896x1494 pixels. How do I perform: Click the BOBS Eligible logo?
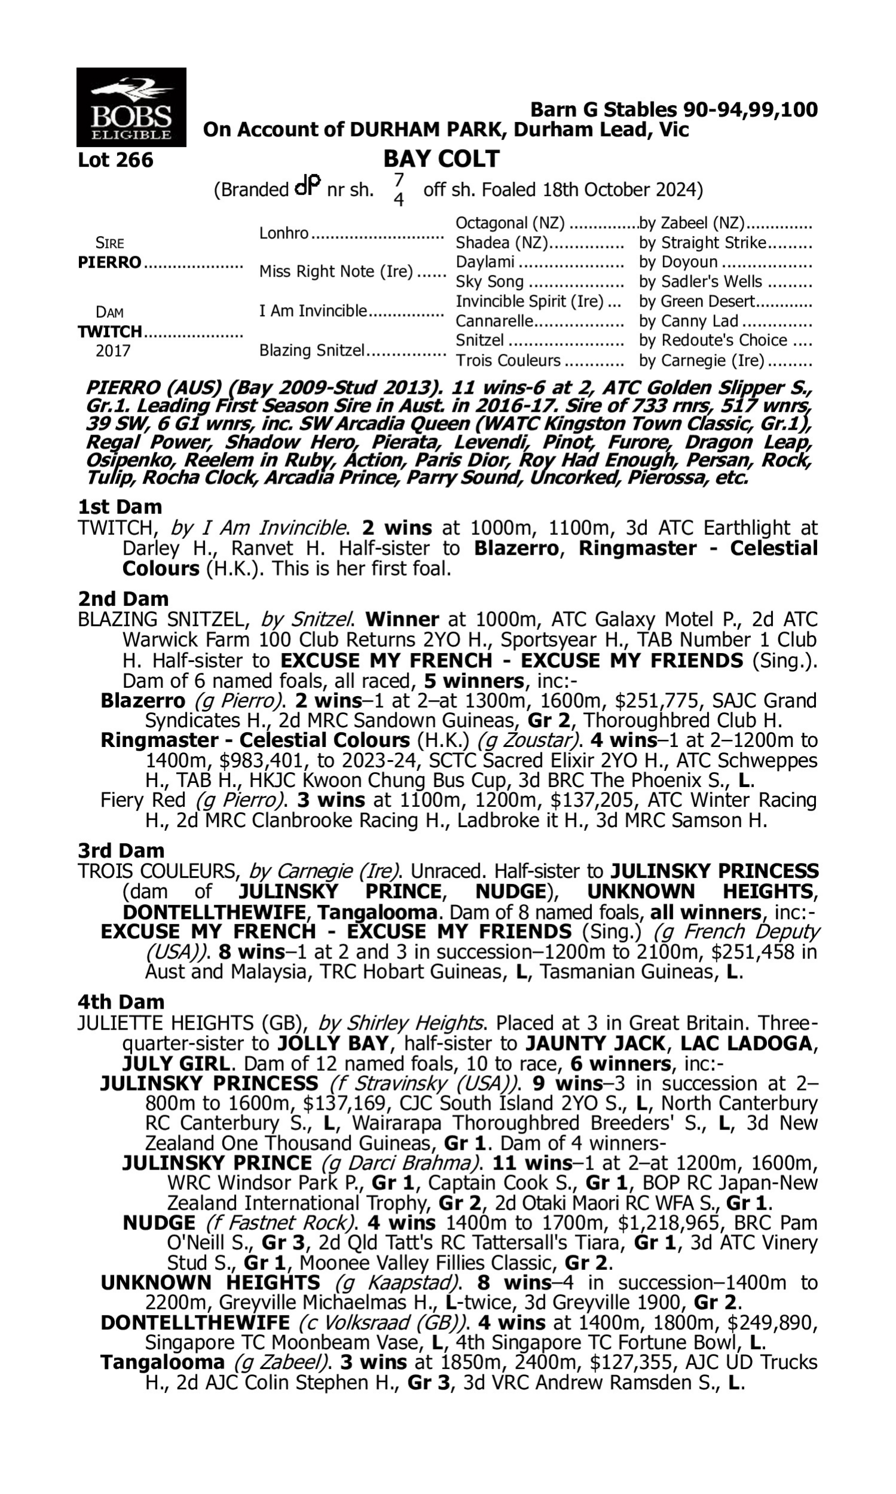point(131,107)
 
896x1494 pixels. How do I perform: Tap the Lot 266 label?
point(115,161)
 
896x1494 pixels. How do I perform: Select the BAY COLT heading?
point(441,159)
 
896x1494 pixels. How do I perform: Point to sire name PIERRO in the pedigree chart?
point(109,263)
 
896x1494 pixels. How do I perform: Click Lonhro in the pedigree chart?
point(284,233)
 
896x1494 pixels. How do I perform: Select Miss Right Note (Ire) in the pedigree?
point(336,271)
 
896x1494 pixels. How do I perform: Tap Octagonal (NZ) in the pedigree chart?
point(510,224)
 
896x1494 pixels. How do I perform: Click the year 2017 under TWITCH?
point(113,351)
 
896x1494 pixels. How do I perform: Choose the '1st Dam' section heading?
point(120,507)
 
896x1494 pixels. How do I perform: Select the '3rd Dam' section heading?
point(121,851)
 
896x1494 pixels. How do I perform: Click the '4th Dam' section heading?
point(121,1002)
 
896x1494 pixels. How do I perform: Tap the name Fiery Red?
point(143,801)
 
